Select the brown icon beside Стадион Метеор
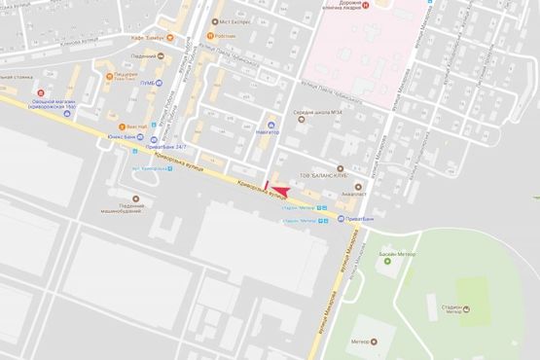tap(464, 309)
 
